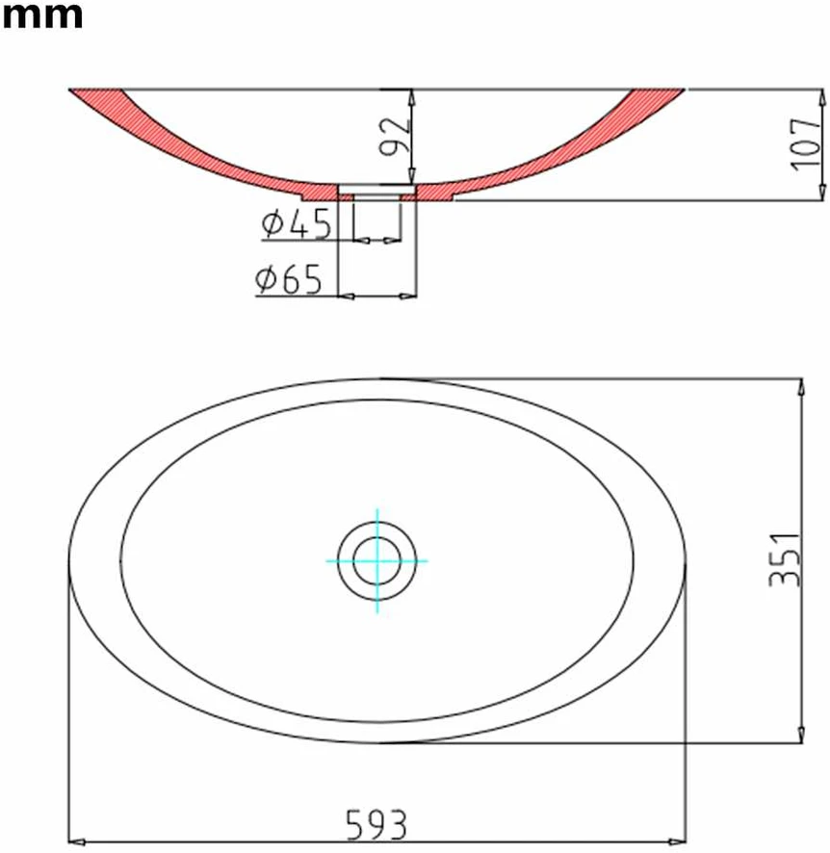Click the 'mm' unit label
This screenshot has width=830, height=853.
click(x=42, y=16)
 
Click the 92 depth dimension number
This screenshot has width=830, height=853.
click(x=395, y=136)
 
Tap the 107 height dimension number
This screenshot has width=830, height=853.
click(x=805, y=144)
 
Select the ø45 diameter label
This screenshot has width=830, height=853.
click(x=296, y=223)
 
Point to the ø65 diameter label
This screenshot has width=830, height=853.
click(x=289, y=279)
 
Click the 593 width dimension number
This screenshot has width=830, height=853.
click(x=376, y=825)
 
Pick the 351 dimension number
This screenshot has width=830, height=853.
click(x=785, y=560)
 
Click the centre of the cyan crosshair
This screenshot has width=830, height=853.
click(x=376, y=561)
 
